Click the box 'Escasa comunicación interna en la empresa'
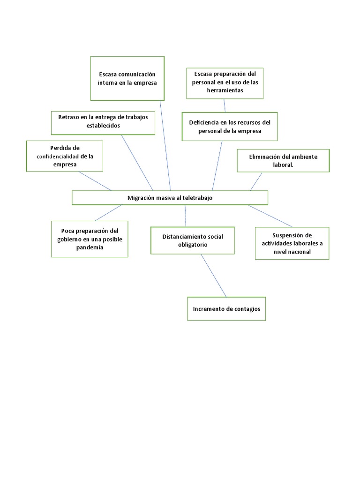coord(127,78)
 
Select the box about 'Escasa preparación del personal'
coord(225,83)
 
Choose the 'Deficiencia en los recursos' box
coord(230,127)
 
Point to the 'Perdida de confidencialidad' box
coord(65,156)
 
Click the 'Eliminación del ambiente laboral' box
coord(283,161)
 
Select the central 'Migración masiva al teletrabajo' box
coord(170,198)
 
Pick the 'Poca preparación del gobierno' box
coord(89,239)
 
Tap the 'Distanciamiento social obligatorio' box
coord(192,240)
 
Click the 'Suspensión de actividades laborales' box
coord(292,243)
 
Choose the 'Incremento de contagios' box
coord(226,309)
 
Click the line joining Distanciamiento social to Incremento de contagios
coord(214,276)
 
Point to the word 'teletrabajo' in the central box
coord(197,198)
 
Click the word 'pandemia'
coord(89,247)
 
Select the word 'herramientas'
coord(225,90)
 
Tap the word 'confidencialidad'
coord(58,157)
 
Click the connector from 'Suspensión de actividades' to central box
coord(270,216)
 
